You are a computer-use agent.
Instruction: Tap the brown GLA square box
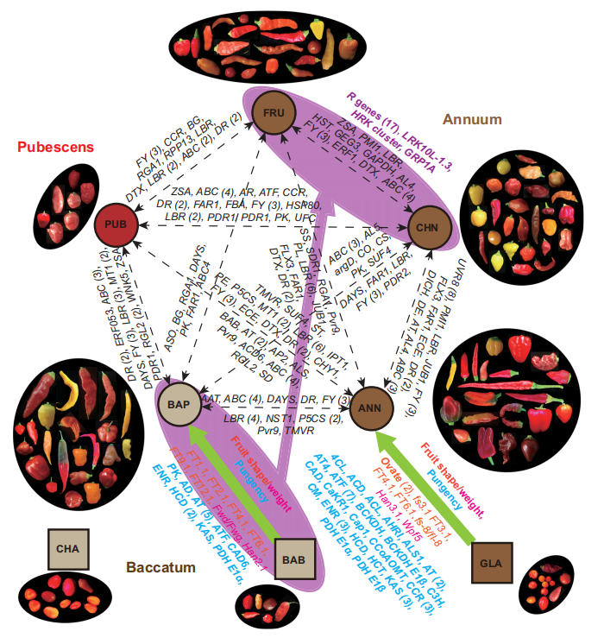point(492,563)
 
